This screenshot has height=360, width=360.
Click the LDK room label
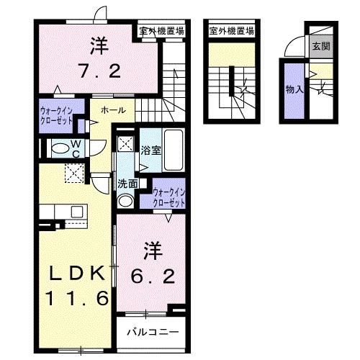77,273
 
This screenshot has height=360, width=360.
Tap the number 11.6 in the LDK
78,298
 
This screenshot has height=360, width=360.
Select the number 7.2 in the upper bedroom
100,71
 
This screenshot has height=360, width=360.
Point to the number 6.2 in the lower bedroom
153,276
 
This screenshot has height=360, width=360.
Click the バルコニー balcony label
153,332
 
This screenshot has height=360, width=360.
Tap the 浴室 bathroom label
151,150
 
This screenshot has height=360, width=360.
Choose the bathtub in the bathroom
174,150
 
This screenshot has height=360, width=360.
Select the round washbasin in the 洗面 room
125,201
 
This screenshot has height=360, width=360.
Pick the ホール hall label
113,110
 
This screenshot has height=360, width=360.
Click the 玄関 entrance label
321,46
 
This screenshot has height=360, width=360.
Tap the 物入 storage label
294,89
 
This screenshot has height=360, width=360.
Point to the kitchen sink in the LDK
78,212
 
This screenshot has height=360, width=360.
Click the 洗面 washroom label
127,184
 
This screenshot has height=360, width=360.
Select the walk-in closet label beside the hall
57,115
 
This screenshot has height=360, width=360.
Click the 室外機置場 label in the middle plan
232,31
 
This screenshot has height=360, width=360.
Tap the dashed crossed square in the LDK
74,174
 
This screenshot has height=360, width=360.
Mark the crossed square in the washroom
125,144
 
